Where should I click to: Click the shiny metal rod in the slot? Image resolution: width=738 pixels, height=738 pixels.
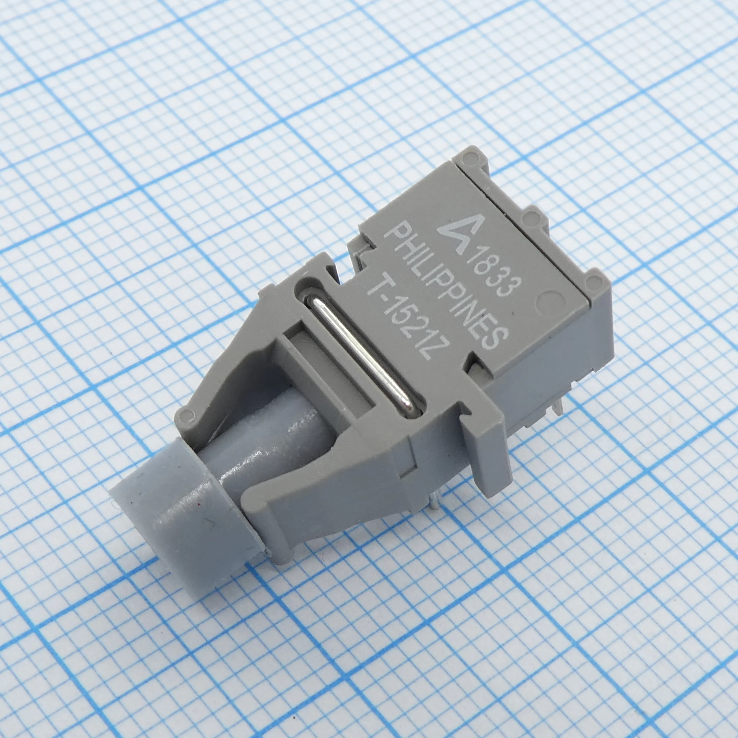[x=361, y=355]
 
